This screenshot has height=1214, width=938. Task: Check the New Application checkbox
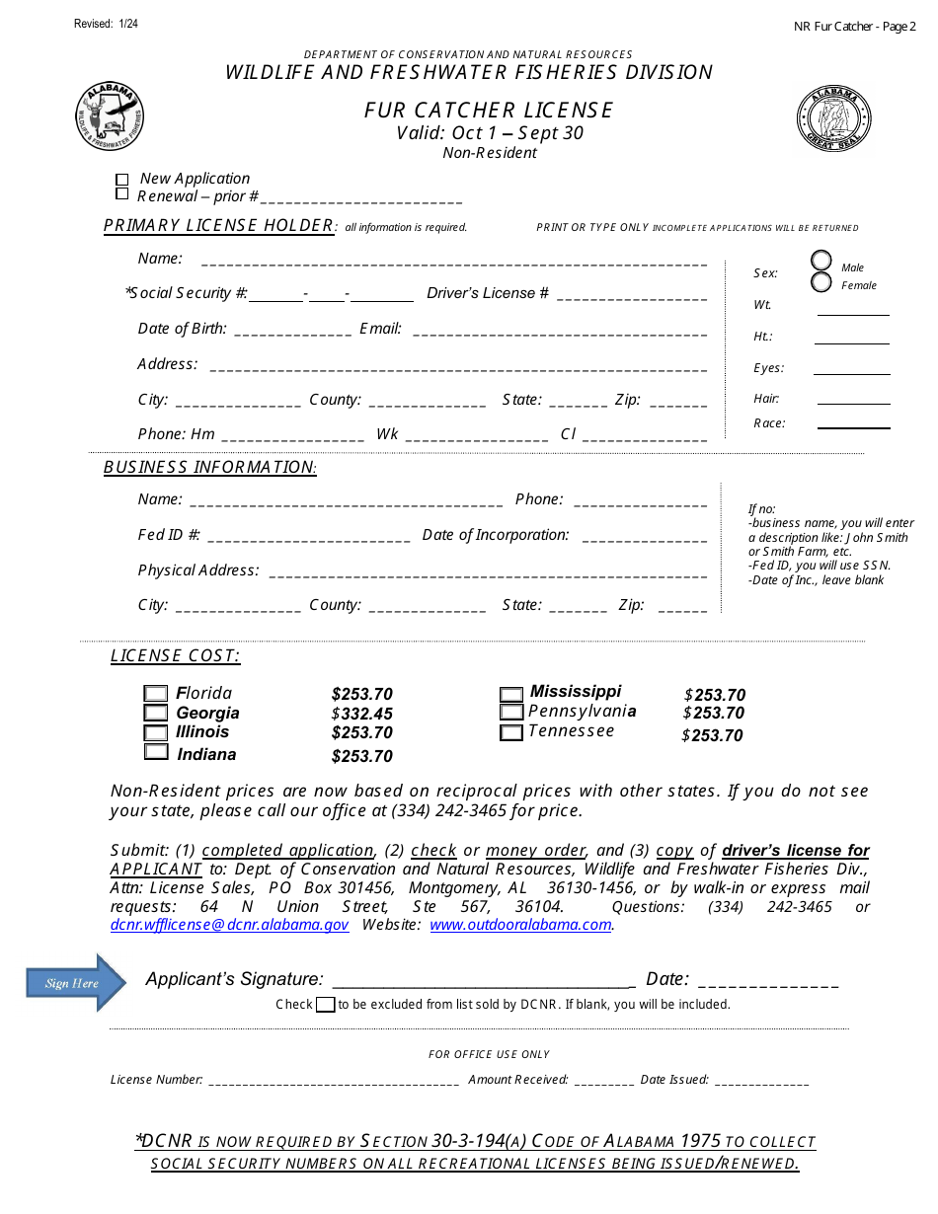[x=122, y=180]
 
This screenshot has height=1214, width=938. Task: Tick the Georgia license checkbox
[x=156, y=713]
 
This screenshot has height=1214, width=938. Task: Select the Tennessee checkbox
[x=510, y=732]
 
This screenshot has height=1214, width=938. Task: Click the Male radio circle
[x=821, y=261]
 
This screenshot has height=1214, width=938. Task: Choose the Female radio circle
[x=821, y=283]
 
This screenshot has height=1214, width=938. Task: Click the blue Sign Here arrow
[x=76, y=983]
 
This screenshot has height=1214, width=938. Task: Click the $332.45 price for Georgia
[x=362, y=714]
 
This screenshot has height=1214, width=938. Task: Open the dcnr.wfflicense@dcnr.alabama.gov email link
[x=229, y=926]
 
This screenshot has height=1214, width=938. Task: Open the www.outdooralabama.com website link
[x=520, y=926]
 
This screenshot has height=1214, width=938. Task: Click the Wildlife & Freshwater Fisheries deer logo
[x=111, y=116]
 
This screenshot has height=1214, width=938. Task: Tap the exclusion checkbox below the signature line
[x=325, y=1005]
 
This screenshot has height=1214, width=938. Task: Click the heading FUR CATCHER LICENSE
[x=489, y=110]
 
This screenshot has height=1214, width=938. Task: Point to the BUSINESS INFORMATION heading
[x=209, y=467]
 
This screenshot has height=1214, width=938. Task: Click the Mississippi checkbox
[x=510, y=695]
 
